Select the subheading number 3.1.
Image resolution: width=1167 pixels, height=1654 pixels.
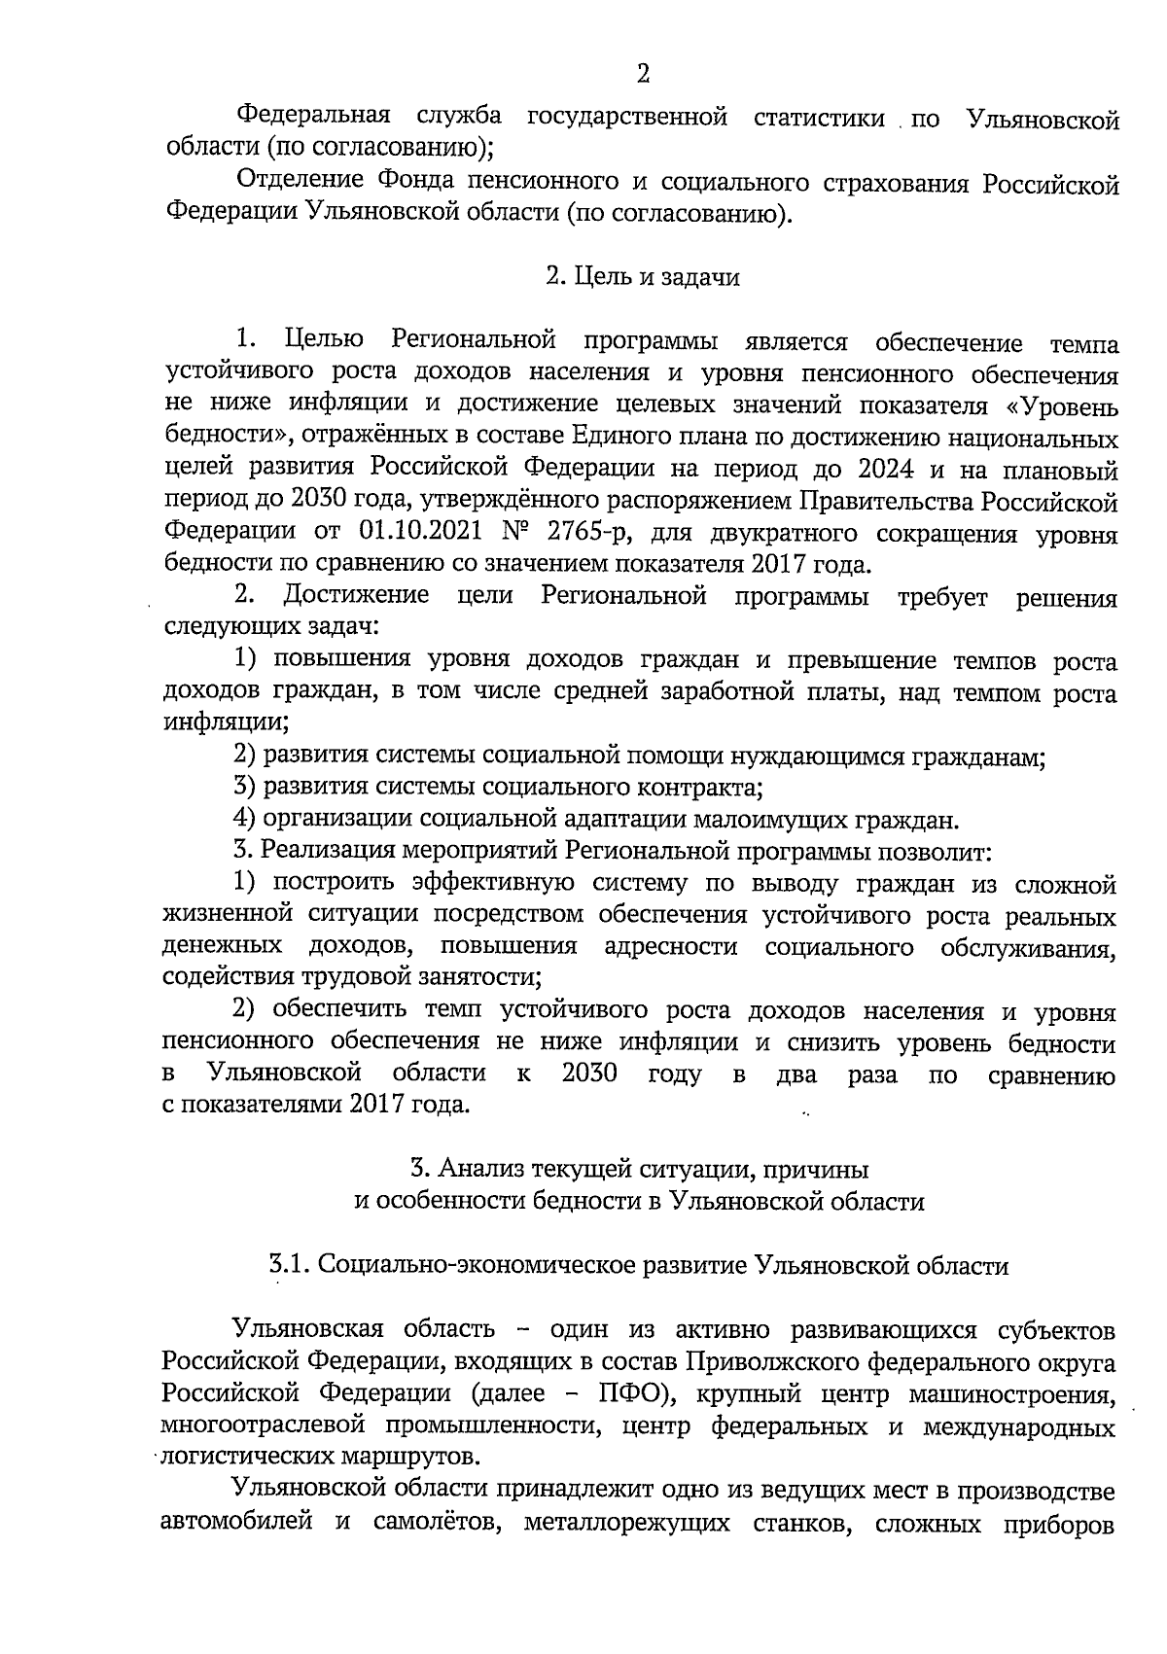(290, 1265)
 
